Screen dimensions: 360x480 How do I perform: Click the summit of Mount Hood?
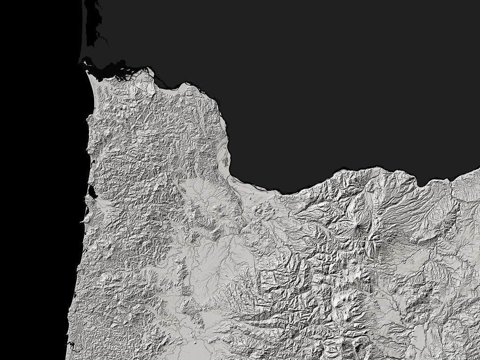360,228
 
